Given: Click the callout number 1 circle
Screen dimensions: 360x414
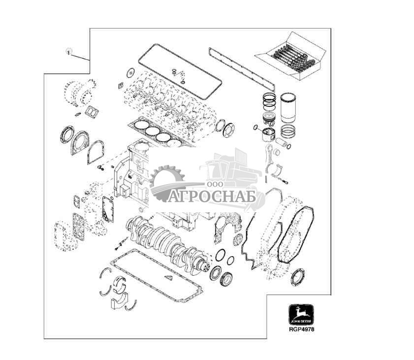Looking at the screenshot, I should tap(69, 51).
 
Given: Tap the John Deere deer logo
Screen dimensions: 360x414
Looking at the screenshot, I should tap(300, 314).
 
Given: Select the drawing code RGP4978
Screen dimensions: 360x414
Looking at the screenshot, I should tap(300, 329).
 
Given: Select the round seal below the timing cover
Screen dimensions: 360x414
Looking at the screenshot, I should tap(298, 277).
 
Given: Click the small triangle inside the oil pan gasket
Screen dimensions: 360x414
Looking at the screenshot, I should tap(169, 278).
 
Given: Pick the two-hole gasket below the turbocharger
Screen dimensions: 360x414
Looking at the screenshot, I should tap(92, 112).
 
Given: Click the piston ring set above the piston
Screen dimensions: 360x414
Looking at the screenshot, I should tap(269, 101).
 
